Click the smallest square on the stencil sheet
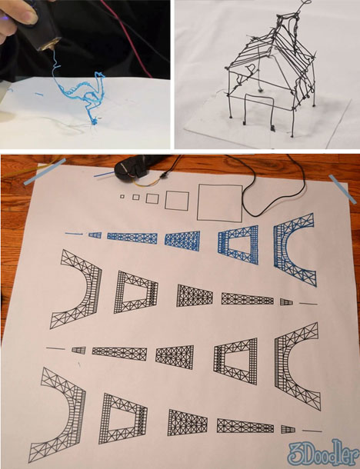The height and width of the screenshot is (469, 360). point(122,196)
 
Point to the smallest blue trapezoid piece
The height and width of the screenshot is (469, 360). point(95,235)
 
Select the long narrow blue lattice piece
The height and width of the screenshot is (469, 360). point(132,238)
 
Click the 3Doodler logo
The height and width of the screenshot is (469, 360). point(322,453)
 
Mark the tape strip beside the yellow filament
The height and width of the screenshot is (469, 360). point(45,171)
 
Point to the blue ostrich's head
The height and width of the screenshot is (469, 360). point(100,75)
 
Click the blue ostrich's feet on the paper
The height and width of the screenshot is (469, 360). point(94,121)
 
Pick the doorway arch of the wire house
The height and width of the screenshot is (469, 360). point(259,96)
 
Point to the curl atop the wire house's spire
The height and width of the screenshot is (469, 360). point(305,4)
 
